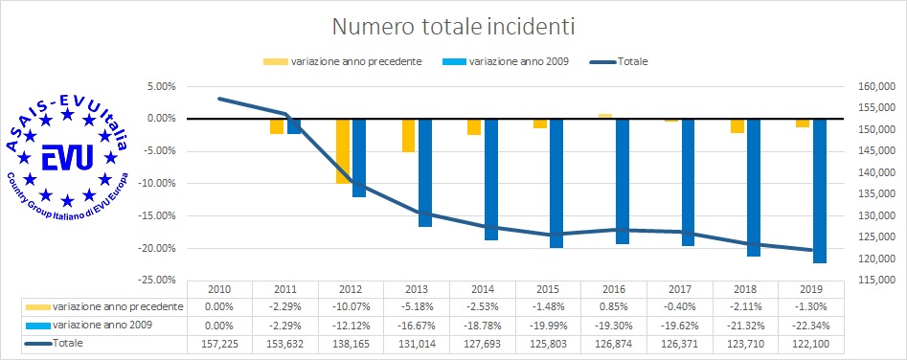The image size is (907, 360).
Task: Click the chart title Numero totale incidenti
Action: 452,22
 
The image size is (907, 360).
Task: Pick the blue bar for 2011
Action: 294,125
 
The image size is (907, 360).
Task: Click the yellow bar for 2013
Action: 409,135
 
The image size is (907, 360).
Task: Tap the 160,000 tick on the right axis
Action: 865,86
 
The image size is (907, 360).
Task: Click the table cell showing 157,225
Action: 219,342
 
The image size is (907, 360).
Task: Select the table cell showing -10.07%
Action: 351,305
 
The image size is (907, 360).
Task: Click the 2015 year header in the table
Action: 548,288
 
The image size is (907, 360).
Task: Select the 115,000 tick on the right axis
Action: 865,280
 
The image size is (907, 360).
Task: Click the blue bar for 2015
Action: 556,183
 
